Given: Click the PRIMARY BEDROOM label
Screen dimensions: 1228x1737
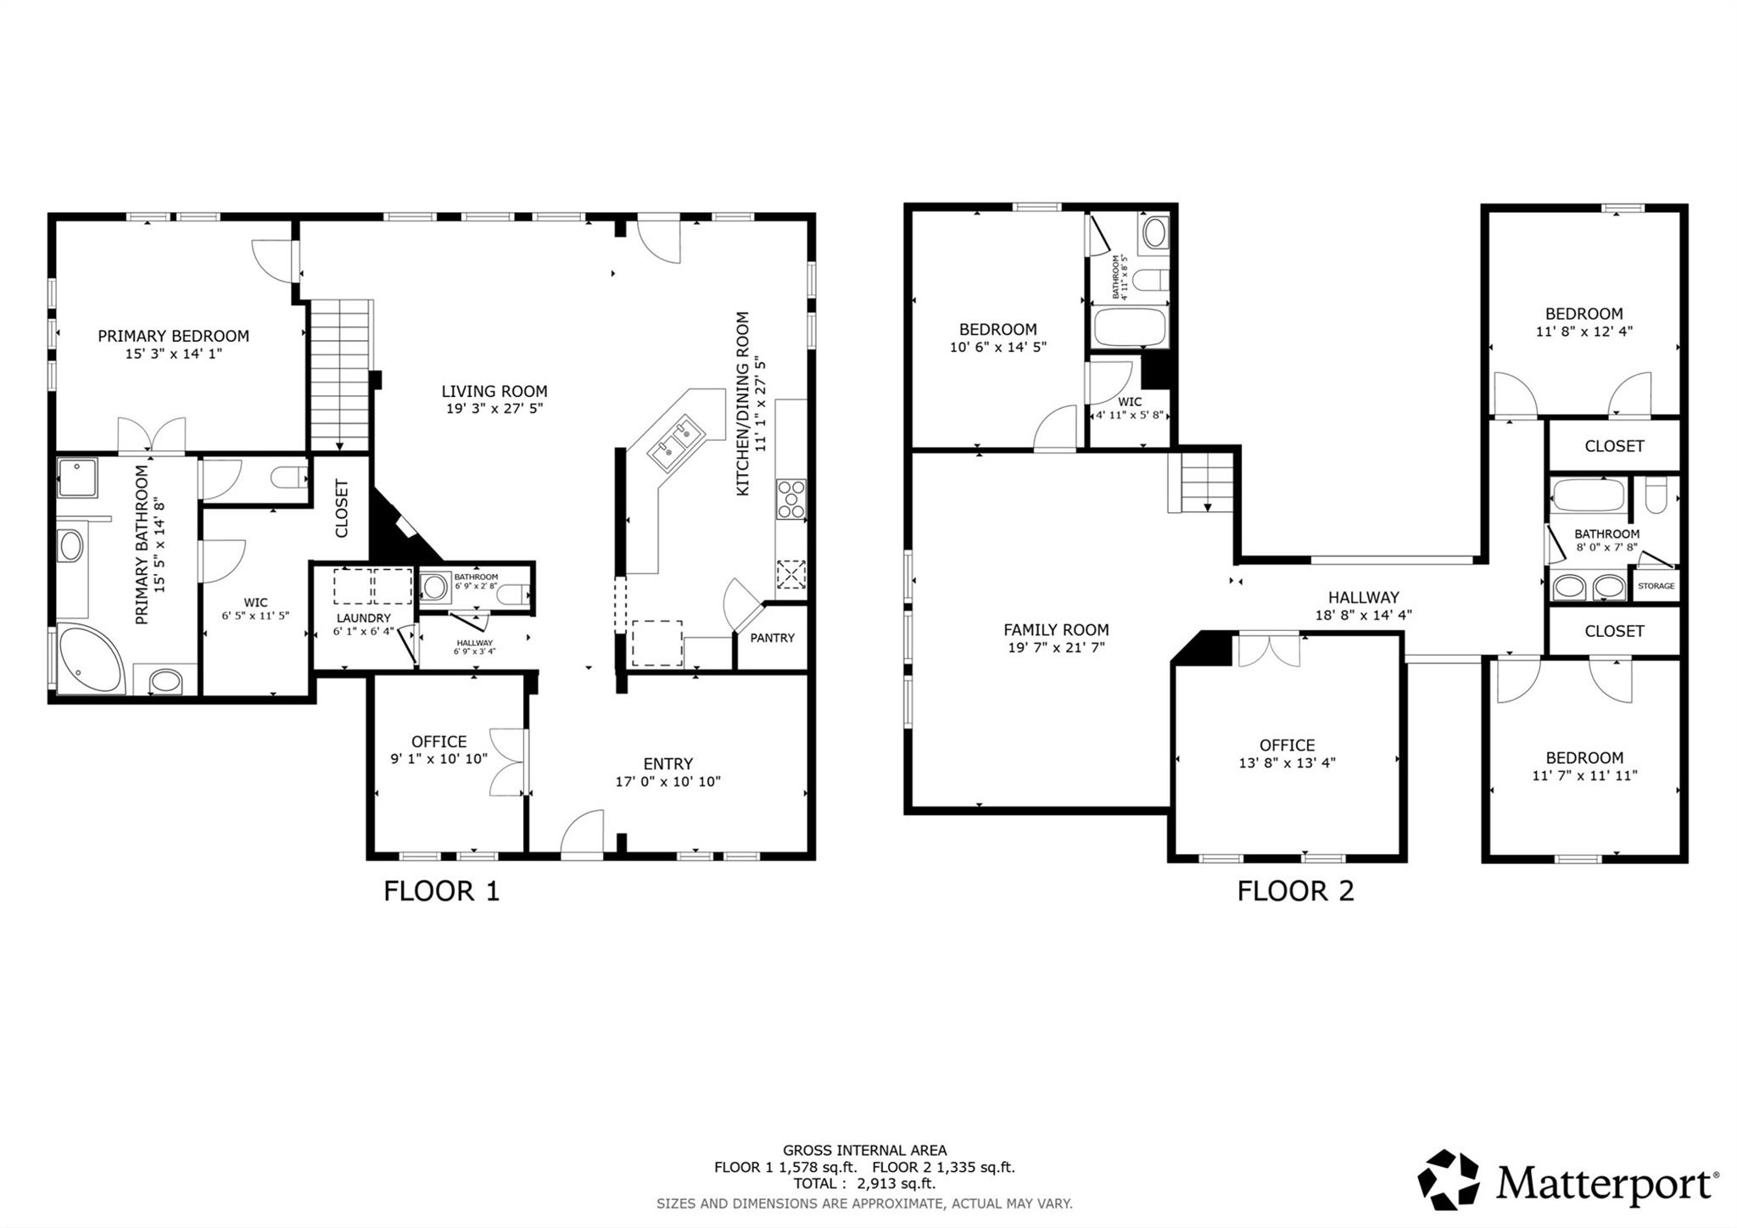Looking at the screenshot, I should point(173,336).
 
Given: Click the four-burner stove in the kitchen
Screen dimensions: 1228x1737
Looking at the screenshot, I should point(790,500).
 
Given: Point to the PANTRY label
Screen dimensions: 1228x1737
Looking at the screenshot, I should point(772,638).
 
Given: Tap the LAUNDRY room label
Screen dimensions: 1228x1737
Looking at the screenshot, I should point(363,618).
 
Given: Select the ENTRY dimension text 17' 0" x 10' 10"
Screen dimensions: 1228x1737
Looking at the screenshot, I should point(667,782).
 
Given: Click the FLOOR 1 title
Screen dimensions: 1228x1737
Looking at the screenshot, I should point(441,891).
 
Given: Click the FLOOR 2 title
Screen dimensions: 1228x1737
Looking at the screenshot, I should point(1295,891).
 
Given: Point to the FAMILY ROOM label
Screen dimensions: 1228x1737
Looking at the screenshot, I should point(1056,630).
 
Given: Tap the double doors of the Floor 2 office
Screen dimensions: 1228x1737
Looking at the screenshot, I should point(1269,650).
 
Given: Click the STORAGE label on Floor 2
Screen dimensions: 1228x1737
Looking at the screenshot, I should point(1656,586).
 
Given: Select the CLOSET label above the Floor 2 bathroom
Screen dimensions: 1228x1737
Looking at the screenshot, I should point(1614,446).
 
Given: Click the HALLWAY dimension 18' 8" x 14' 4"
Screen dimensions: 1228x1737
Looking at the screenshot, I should point(1363,616).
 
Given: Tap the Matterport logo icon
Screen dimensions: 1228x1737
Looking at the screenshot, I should point(1448,1180).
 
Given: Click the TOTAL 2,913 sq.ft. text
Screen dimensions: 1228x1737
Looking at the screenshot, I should point(864,1184).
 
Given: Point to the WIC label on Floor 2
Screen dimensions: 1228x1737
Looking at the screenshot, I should point(1130,402).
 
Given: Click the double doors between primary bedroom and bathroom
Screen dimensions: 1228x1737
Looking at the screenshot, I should point(152,436).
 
